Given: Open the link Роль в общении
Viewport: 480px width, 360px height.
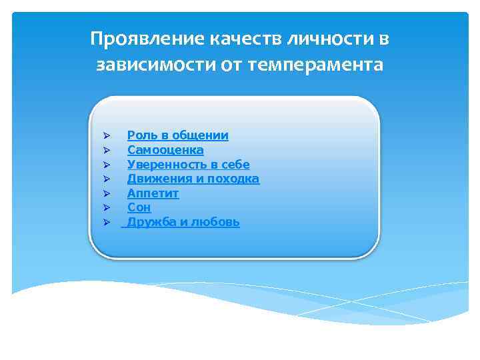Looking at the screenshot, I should click(177, 135).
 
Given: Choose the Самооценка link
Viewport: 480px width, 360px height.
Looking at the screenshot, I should click(165, 150).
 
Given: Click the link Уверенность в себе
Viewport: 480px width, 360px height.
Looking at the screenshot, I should click(188, 165).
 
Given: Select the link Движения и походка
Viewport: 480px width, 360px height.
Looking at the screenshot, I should click(193, 179).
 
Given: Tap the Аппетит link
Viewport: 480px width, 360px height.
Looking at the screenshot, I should click(153, 193).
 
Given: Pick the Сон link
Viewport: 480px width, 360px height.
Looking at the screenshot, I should click(139, 208).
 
